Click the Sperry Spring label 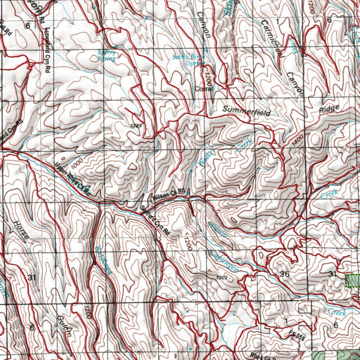click(x=106, y=56)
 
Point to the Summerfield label click(x=246, y=111)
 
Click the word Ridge click(x=329, y=109)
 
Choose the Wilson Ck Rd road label click(x=169, y=195)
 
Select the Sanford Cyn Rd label click(x=155, y=221)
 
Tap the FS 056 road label click(x=297, y=336)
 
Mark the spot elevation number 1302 click(x=223, y=278)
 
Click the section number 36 click(x=285, y=274)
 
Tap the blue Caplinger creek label click(x=224, y=262)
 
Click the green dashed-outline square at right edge click(x=353, y=281)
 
